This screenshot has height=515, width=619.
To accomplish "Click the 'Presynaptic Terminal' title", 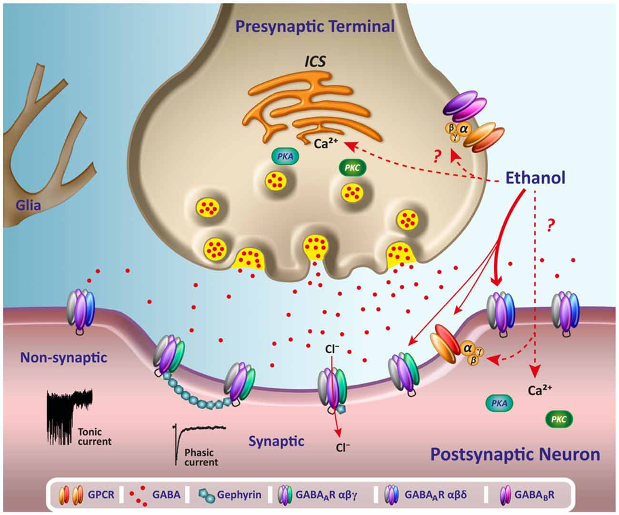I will pos(315,26).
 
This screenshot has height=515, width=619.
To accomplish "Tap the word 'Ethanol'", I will pos(535,178).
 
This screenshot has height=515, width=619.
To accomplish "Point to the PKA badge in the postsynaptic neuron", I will pos(499,403).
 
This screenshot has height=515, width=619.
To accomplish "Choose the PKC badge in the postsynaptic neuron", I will pos(559,419).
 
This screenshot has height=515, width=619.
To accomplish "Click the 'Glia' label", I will pos(28,206).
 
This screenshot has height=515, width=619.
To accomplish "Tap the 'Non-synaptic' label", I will pos(63,357).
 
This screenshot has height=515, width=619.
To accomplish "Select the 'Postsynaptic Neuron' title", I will pos(515,454).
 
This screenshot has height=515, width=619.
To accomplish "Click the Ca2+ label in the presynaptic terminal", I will pos(327,143).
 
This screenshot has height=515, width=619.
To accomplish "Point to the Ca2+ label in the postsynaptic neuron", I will pos(540,390).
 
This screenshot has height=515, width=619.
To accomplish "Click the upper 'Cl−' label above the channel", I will pos(332,349).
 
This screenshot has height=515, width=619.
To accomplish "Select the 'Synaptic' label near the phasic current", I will pos(276,441).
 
